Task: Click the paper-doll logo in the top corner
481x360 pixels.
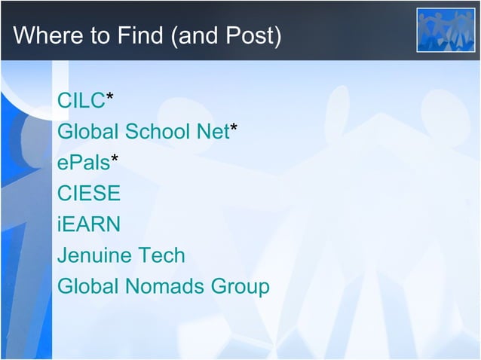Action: (446, 30)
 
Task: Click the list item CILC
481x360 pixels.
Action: (81, 100)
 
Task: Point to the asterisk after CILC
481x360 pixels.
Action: (110, 98)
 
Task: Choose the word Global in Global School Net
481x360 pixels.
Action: (88, 131)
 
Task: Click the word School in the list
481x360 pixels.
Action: (156, 131)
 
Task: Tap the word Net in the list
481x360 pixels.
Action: (211, 131)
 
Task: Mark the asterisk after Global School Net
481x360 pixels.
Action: (234, 129)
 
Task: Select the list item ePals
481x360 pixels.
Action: (83, 162)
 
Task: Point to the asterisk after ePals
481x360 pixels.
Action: (114, 160)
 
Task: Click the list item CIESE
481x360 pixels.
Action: (89, 194)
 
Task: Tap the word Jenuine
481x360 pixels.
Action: (94, 256)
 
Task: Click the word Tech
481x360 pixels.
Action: (161, 255)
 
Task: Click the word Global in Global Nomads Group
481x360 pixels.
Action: (88, 287)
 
